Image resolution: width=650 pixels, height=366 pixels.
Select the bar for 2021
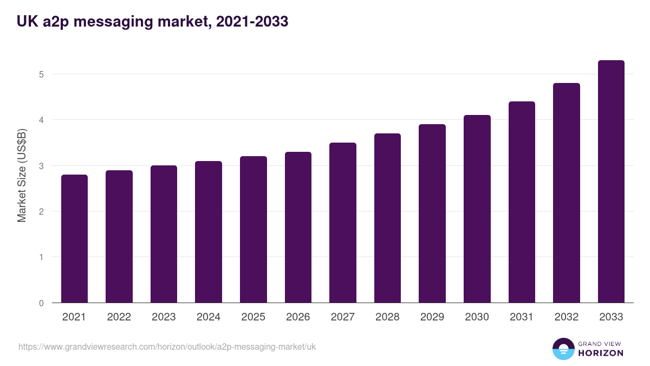74,239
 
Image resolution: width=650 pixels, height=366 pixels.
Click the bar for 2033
611,182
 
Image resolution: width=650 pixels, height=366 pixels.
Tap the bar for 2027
343,222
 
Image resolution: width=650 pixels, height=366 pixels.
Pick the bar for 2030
477,209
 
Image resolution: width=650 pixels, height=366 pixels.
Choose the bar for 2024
209,232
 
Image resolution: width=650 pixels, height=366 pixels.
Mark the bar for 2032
567,192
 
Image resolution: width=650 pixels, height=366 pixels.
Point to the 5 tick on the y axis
41,74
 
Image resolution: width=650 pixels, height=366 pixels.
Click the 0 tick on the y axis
41,303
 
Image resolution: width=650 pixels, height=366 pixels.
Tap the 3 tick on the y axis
41,166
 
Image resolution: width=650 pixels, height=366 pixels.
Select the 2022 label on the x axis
119,317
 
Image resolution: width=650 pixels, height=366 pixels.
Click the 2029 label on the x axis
432,317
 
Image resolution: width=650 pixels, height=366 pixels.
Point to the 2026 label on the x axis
298,317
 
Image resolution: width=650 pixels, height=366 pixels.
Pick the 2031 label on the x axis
522,317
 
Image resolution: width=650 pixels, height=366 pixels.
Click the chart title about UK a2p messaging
152,22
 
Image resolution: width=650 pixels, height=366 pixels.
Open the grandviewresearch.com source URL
167,346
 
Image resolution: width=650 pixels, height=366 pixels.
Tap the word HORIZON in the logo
601,353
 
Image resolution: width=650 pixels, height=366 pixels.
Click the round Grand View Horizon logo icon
563,349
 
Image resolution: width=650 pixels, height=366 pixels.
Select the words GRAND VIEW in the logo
601,343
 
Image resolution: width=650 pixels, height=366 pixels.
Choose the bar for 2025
253,229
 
